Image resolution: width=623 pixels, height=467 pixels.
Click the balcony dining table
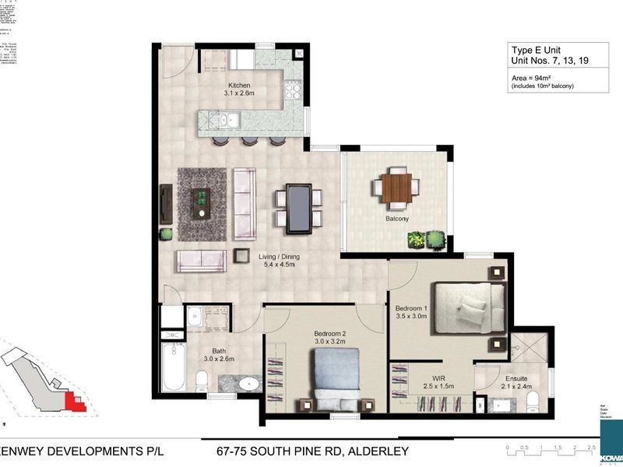coord(396,188)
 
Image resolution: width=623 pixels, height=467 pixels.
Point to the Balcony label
coord(397,219)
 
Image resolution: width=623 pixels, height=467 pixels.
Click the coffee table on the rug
coord(202,202)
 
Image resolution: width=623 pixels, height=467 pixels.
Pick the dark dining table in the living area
coord(299,208)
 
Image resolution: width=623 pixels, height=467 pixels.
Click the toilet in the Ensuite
coord(533,400)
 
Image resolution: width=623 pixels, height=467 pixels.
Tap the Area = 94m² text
coord(530,78)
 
